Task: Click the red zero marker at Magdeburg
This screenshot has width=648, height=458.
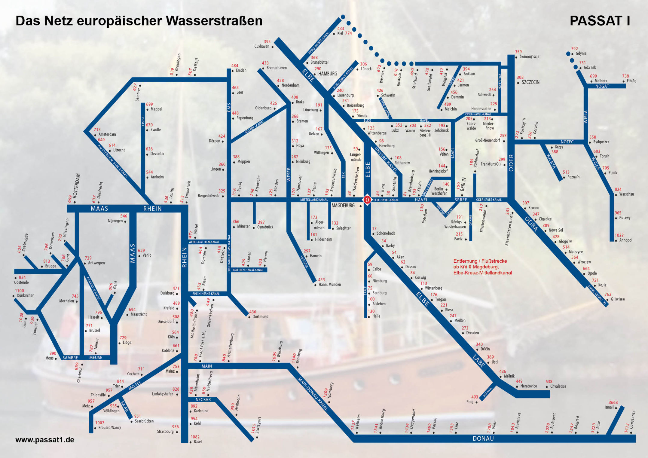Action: pyautogui.click(x=367, y=200)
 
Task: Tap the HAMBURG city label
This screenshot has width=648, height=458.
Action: pyautogui.click(x=328, y=74)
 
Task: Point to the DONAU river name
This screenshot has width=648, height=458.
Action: pyautogui.click(x=483, y=438)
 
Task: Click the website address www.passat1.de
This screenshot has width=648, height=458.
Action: pyautogui.click(x=45, y=440)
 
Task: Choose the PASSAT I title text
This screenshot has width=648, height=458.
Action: pyautogui.click(x=600, y=21)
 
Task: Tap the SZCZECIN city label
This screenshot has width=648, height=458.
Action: pyautogui.click(x=530, y=82)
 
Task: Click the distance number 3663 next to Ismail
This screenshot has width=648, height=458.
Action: pyautogui.click(x=613, y=402)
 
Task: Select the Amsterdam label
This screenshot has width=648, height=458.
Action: pyautogui.click(x=107, y=134)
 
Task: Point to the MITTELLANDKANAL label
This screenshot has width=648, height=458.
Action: pyautogui.click(x=314, y=200)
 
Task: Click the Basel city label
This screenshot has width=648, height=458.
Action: pyautogui.click(x=198, y=442)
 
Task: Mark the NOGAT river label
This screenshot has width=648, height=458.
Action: pyautogui.click(x=602, y=86)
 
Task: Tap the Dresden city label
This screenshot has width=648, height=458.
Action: pyautogui.click(x=472, y=333)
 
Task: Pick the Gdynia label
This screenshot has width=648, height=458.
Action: pyautogui.click(x=581, y=53)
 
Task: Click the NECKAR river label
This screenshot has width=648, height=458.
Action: pyautogui.click(x=203, y=400)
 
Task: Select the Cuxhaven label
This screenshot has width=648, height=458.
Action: pyautogui.click(x=262, y=47)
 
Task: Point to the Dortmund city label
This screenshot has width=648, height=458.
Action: pyautogui.click(x=260, y=317)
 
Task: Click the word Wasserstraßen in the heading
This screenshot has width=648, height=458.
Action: pyautogui.click(x=214, y=21)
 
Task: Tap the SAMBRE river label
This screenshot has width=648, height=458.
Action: pyautogui.click(x=70, y=358)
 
